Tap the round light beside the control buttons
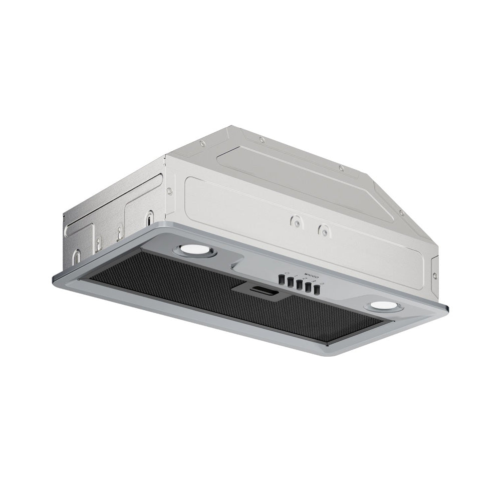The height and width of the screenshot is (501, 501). click(x=382, y=307)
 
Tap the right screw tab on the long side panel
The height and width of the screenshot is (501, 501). click(x=325, y=231)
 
